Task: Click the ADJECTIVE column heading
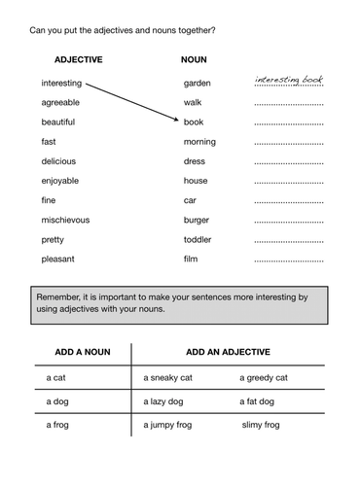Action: (x=78, y=59)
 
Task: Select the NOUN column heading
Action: (x=194, y=59)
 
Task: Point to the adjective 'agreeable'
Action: (x=60, y=102)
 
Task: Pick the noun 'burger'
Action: (x=197, y=220)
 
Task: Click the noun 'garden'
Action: (x=198, y=84)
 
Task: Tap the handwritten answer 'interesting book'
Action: (x=288, y=80)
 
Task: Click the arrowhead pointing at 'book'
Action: (x=177, y=121)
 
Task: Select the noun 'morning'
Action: (x=199, y=142)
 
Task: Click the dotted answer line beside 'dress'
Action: (x=288, y=164)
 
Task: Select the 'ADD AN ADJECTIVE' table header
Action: (x=228, y=351)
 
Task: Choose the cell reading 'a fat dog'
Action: (x=261, y=400)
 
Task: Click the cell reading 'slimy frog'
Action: (x=261, y=425)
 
